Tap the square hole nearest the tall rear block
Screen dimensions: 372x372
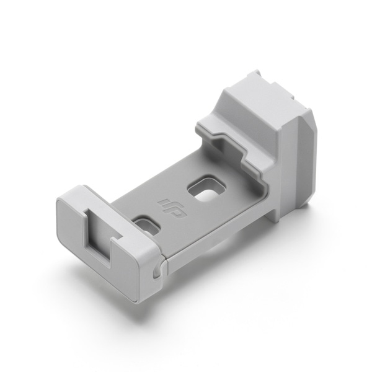click(x=206, y=188)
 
